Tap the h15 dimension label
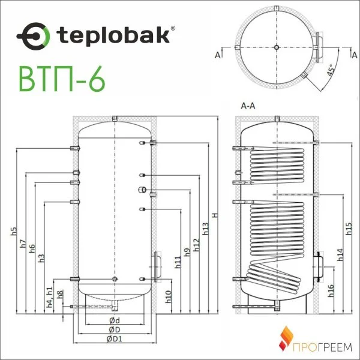[x=349, y=229]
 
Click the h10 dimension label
[x=169, y=295]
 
